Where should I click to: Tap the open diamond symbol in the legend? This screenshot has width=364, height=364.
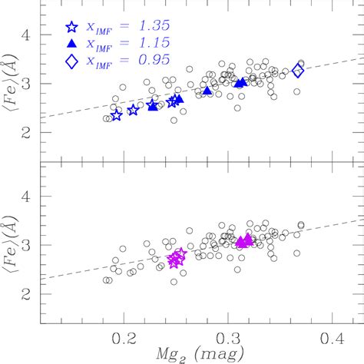pyautogui.click(x=72, y=64)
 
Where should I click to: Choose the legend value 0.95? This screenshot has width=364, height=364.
pyautogui.click(x=149, y=64)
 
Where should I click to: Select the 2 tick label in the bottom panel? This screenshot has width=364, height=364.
pyautogui.click(x=28, y=294)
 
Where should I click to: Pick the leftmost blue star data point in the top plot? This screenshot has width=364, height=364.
pyautogui.click(x=117, y=115)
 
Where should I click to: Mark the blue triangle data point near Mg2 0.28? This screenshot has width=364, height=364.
pyautogui.click(x=207, y=91)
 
